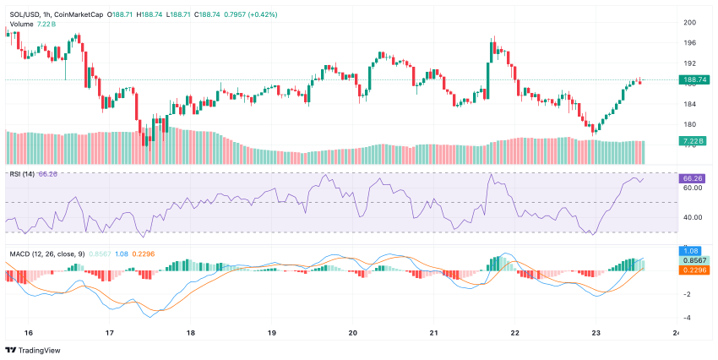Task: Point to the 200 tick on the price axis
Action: point(689,23)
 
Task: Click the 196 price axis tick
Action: point(689,43)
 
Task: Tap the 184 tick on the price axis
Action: point(689,104)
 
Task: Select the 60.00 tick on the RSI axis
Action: point(693,188)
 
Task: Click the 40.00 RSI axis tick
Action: point(693,217)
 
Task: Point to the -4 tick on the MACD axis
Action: point(689,317)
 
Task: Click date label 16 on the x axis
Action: point(29,333)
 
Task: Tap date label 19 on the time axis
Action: point(271,333)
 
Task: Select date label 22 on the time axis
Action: point(514,333)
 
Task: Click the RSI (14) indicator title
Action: point(22,174)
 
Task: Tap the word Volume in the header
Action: point(22,24)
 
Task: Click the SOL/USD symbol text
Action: point(26,14)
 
